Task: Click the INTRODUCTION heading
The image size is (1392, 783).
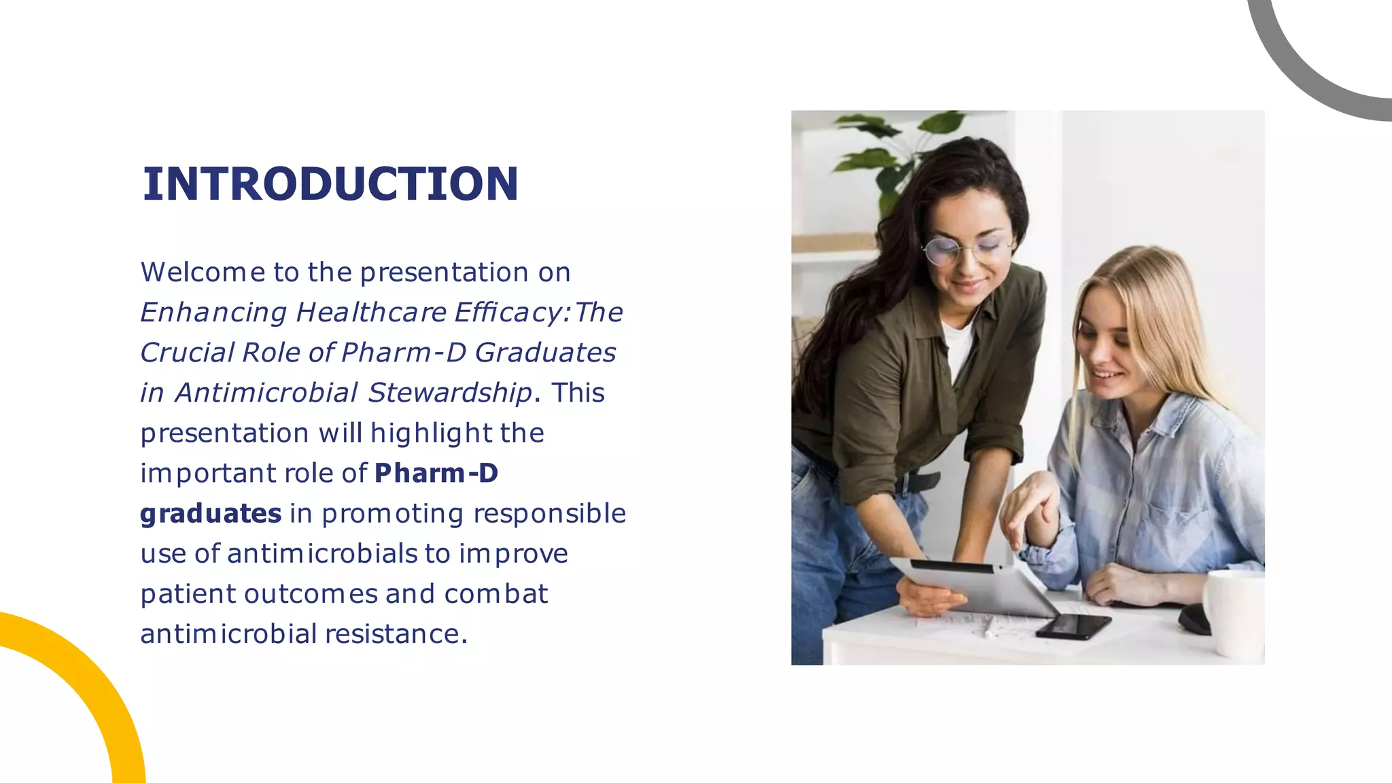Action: point(330,184)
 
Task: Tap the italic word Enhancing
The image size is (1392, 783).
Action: point(213,313)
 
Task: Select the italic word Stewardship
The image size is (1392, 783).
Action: point(449,393)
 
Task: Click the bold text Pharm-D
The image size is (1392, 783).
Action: point(436,473)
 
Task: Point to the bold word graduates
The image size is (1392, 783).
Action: point(211,513)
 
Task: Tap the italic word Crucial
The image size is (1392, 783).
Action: point(186,353)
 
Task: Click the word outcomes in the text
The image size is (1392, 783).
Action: point(311,593)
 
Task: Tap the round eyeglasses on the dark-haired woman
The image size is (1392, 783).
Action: point(965,250)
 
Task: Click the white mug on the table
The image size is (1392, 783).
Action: point(1234,612)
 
